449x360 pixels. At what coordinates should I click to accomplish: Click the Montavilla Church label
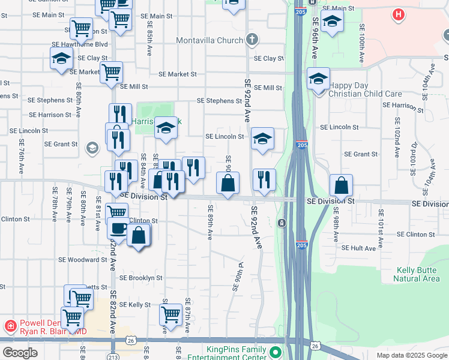(x=209, y=40)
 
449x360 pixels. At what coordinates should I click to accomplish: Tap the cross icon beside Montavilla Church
(x=252, y=40)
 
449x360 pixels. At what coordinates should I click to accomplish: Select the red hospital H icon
(x=397, y=14)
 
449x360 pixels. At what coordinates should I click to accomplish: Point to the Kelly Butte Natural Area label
(x=416, y=275)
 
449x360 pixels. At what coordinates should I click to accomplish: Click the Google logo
(x=20, y=353)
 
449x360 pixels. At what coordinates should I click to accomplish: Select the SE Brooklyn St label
(x=140, y=278)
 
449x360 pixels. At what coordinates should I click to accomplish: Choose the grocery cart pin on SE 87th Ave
(x=170, y=314)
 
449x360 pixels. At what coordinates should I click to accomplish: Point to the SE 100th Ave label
(x=362, y=43)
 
